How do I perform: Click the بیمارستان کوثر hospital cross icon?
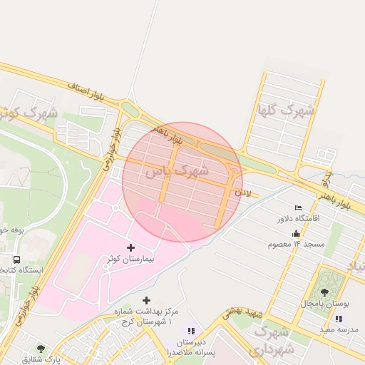(130, 247)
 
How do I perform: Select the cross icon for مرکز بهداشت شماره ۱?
(147, 301)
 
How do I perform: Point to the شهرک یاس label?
(176, 172)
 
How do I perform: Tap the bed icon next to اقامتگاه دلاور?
(298, 207)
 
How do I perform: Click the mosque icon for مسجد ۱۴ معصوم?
(296, 233)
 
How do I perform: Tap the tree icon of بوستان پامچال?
(324, 292)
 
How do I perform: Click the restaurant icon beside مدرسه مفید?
(339, 318)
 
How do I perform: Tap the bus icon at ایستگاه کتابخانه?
(16, 259)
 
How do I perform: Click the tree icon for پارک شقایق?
(41, 349)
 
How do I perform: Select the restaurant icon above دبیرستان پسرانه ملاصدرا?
(190, 330)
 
